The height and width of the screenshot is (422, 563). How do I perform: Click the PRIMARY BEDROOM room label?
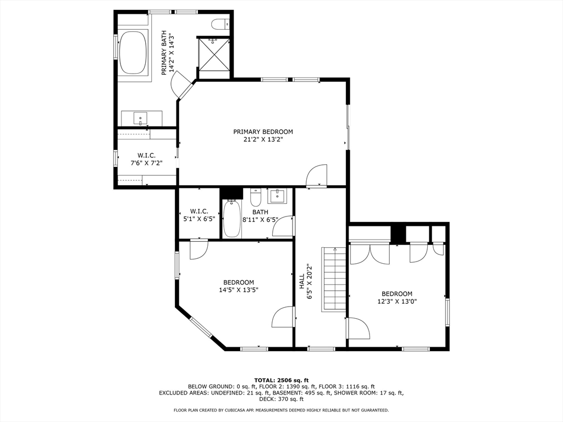click(263, 132)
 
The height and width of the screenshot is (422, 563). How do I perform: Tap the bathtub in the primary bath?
click(132, 53)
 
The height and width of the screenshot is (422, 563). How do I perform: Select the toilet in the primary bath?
click(220, 24)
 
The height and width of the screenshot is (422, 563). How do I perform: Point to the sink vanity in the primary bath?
click(141, 118)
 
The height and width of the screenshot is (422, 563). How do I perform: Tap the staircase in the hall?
click(334, 279)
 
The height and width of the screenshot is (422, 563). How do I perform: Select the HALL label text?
click(302, 282)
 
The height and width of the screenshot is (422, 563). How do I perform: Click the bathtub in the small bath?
click(231, 218)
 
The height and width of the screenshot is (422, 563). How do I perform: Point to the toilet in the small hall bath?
click(256, 197)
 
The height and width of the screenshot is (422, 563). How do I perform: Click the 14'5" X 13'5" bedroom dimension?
click(239, 290)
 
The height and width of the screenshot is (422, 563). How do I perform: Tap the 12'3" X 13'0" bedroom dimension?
click(396, 301)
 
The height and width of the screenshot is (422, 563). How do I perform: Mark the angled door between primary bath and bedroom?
click(182, 88)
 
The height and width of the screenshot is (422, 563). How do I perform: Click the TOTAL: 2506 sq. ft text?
click(281, 380)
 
